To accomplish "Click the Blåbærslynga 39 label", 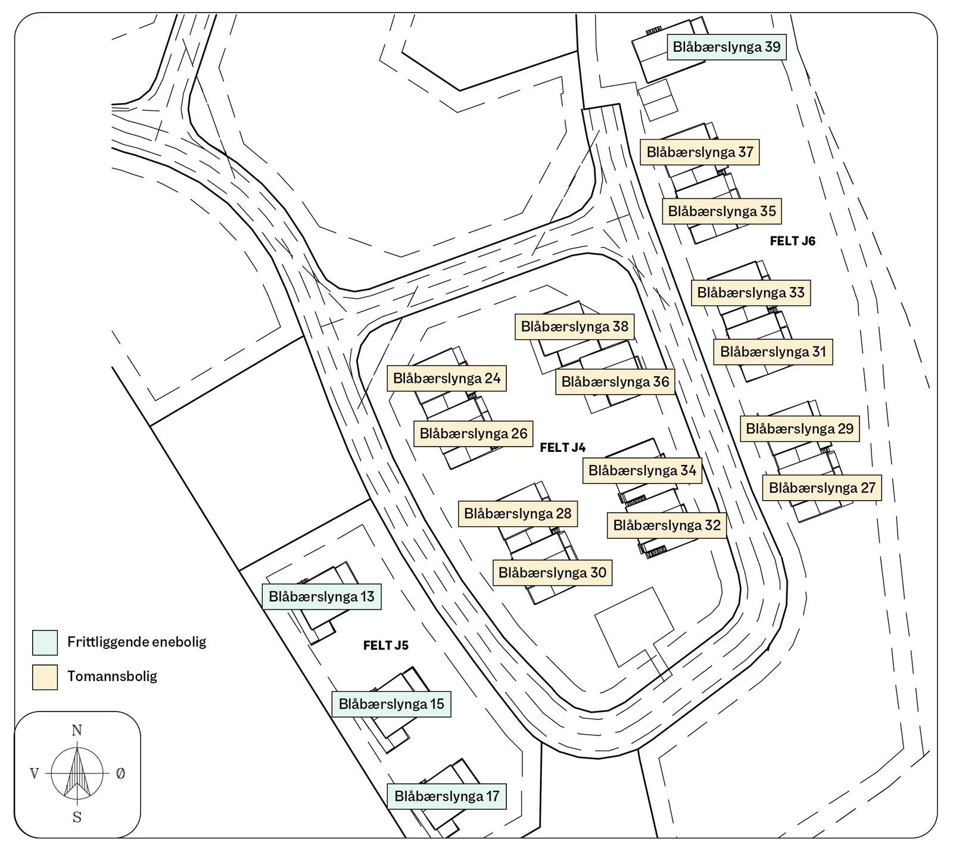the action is [727, 47].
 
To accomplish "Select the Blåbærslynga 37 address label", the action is [700, 152].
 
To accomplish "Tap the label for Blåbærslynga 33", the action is [751, 293].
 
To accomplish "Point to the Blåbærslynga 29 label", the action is [800, 429].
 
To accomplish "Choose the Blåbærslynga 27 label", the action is [822, 488].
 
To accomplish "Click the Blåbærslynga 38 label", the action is [575, 327].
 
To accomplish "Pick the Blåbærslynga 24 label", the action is [447, 379].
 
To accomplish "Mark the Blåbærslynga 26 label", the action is [474, 433].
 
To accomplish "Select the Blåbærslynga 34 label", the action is [643, 470].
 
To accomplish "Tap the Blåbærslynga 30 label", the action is [552, 573].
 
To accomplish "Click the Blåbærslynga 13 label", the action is [322, 597].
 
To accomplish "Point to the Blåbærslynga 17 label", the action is [447, 797].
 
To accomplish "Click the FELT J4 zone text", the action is [563, 448].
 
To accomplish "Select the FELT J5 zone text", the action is [386, 645].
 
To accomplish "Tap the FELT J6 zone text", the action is [793, 241].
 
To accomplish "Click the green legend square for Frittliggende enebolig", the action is [45, 642].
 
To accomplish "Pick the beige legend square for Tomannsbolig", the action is [45, 677].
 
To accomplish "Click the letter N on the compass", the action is [77, 731].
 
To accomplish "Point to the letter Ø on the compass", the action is [121, 773].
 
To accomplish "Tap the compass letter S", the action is [77, 817].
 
